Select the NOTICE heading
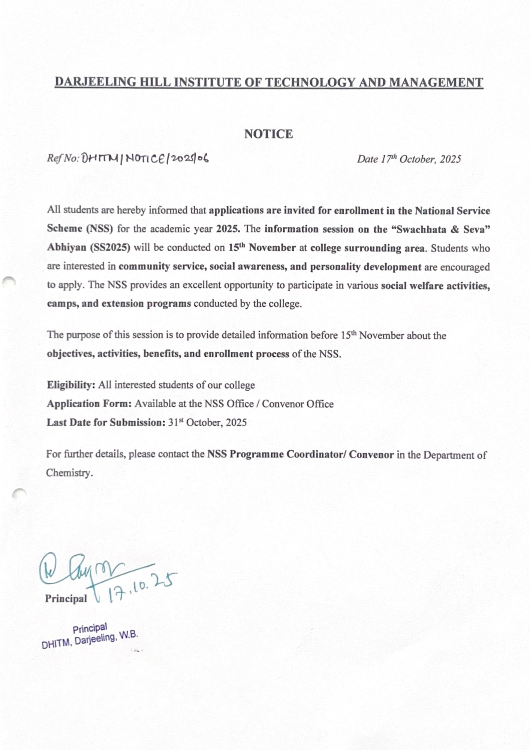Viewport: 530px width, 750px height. coord(268,134)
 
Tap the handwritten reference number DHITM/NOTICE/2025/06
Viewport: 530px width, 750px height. coord(145,159)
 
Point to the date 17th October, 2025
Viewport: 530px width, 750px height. coord(409,159)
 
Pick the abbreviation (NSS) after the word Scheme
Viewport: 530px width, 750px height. coord(99,229)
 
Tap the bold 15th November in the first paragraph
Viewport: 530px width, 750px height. coord(262,248)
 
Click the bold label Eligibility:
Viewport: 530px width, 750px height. coord(71,385)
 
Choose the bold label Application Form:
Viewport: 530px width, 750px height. coord(89,404)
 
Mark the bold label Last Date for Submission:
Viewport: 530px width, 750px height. coord(106,423)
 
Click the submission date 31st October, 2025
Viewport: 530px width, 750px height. coord(207,423)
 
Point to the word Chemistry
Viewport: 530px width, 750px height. coord(69,473)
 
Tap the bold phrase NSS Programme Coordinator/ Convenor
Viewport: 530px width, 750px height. coord(300,454)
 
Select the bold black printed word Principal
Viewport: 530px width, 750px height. coord(66,598)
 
